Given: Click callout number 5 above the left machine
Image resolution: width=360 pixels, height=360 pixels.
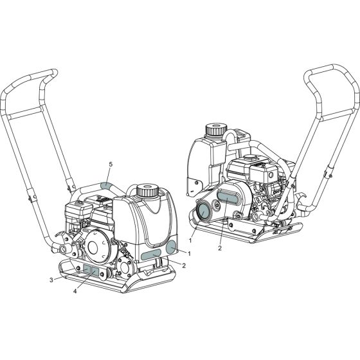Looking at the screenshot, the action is coord(111,165).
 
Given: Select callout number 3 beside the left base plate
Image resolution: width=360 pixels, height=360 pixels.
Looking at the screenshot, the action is coord(51,280).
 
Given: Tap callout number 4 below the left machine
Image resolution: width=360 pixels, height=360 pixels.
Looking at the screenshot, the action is coord(75,291).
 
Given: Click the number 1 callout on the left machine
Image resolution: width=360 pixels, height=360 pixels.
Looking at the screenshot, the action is coord(189,253).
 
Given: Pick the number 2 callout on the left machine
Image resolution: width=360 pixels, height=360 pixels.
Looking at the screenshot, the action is coord(184,265).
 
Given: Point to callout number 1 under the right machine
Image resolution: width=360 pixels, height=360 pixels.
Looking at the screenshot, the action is coord(190,240).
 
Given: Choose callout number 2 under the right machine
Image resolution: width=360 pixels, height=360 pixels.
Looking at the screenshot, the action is coord(220,248).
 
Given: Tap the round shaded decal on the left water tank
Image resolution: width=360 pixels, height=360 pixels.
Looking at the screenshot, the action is coord(171,248).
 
